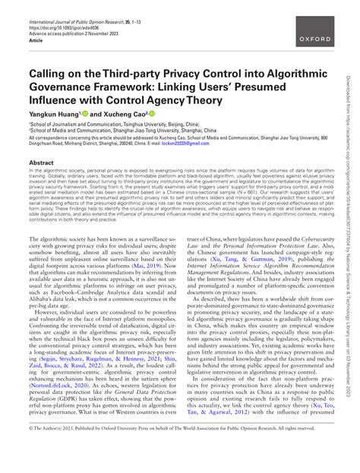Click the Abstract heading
(42, 162)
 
